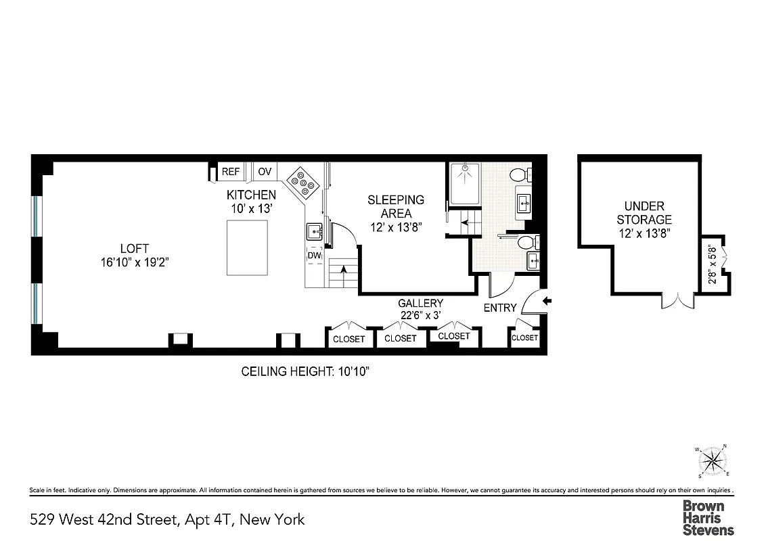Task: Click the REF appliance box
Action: pos(231,172)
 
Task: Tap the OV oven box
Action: pos(265,172)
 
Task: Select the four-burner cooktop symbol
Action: pos(302,182)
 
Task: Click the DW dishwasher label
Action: pos(314,256)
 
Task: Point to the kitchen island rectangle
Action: pos(247,248)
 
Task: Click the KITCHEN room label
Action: pos(250,195)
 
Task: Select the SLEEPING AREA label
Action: pos(396,206)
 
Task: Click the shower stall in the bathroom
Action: pos(464,184)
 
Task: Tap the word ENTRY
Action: pos(500,308)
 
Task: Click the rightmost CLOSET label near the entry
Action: pos(524,337)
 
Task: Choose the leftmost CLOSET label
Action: pos(348,339)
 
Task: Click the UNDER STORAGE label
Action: pos(644,212)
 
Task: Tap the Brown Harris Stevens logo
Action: pos(707,518)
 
